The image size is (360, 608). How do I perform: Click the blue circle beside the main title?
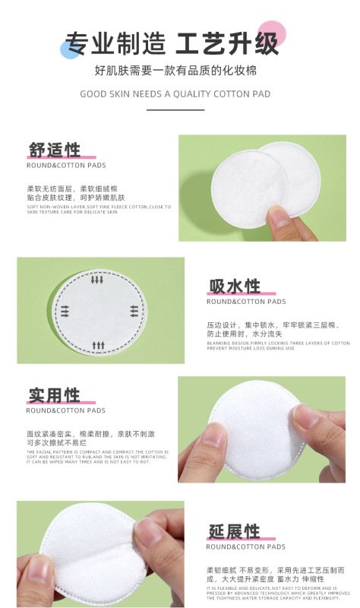70,50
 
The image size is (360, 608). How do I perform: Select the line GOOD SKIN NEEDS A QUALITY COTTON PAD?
175,94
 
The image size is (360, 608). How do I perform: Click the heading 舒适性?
55,149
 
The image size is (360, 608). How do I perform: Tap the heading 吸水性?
235,287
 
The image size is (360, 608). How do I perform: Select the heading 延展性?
235,531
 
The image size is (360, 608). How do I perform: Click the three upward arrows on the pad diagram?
98,346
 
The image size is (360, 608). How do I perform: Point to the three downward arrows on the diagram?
98,280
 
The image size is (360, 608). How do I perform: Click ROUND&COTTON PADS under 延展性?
246,546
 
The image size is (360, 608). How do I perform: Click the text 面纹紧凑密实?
50,434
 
